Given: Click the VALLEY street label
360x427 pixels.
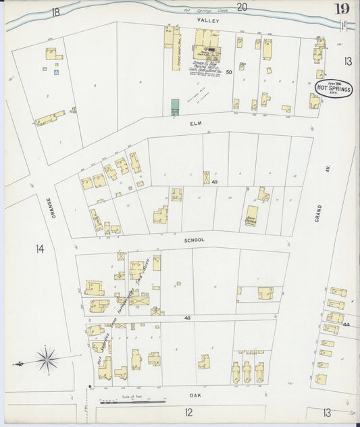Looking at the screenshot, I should [206, 21].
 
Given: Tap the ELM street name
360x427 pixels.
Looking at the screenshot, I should [197, 124].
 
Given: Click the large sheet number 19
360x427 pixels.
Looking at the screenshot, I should [342, 9].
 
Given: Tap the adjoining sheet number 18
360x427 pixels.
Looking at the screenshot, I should [55, 11].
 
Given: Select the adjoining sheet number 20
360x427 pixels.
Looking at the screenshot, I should [242, 7].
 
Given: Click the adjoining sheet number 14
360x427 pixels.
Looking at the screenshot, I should [40, 249].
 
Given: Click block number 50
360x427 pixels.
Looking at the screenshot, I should [229, 72].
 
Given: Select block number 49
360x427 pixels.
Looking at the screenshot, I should [214, 182].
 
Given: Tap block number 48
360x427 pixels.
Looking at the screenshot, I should [186, 317].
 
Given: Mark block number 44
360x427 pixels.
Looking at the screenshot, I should [346, 325].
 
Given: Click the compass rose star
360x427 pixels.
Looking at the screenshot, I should [46, 357].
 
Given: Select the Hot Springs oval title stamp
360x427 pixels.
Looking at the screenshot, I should [334, 89].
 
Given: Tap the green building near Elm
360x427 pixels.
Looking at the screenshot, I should [176, 106].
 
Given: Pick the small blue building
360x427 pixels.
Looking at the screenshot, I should [57, 71].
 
